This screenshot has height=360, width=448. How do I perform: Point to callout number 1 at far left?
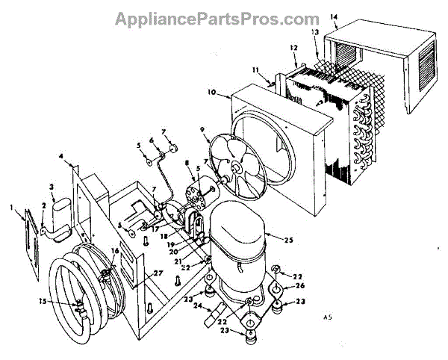[x=12, y=205]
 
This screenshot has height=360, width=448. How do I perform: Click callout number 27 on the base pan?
[x=158, y=273]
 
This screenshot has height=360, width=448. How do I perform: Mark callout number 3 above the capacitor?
[x=52, y=187]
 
